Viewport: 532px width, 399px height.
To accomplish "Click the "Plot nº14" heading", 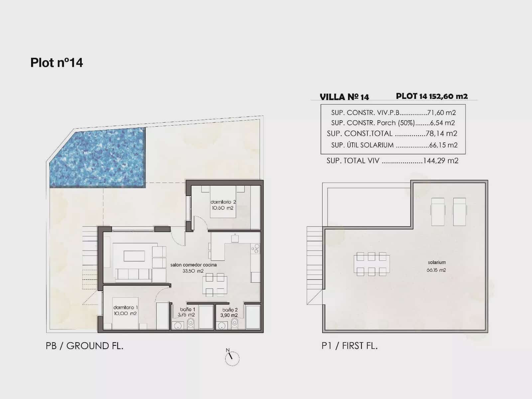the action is click(x=57, y=63).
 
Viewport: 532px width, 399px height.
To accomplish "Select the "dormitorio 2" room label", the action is click(x=223, y=202).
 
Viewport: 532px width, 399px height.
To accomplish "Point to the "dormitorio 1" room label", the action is click(x=125, y=308).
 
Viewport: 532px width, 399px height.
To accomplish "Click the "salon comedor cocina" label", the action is click(x=194, y=265).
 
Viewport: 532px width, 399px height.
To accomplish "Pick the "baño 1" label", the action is click(x=188, y=309).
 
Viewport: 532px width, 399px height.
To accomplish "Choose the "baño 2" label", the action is click(x=230, y=310).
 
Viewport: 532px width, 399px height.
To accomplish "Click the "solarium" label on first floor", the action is click(x=437, y=262).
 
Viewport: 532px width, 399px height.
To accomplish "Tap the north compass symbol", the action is click(x=232, y=357).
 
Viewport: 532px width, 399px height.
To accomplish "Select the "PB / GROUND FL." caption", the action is click(x=84, y=346).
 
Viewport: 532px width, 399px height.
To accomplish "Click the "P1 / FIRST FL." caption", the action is click(x=349, y=346).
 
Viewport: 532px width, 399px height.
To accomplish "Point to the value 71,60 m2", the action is click(x=441, y=113).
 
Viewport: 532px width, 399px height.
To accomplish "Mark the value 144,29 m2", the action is click(x=441, y=161).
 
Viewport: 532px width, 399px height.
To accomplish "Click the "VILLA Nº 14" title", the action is click(x=344, y=97).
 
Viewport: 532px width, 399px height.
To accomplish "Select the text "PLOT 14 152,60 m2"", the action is click(x=432, y=96).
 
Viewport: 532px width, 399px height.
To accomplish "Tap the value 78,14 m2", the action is click(x=442, y=133).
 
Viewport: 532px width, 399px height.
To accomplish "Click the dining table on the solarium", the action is click(x=371, y=264).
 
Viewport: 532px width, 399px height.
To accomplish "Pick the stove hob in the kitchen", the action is click(x=255, y=249).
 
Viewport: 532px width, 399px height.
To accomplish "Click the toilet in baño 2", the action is click(x=234, y=324).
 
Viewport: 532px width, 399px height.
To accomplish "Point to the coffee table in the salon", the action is click(x=134, y=256).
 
